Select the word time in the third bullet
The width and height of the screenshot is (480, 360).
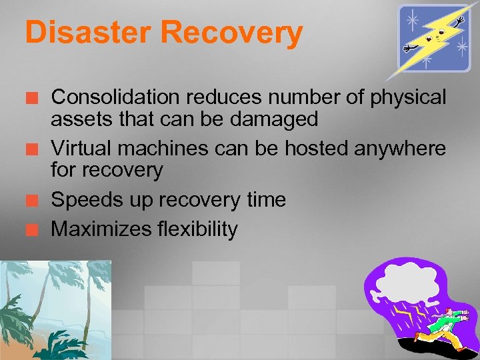click(265, 200)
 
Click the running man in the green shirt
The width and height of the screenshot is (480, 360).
click(444, 323)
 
